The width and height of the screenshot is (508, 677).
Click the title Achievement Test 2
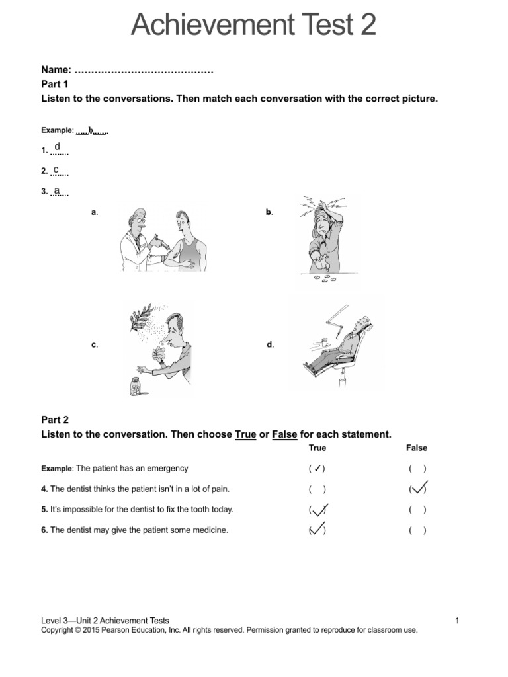[253, 25]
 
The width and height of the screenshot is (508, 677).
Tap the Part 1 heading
[55, 84]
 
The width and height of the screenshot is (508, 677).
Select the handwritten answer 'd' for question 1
[58, 146]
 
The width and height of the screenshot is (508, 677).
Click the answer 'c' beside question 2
[57, 170]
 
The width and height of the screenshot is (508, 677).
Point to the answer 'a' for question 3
[57, 190]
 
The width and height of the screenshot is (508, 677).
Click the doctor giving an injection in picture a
[139, 238]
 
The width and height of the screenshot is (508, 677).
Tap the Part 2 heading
[55, 420]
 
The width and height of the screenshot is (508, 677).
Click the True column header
[317, 448]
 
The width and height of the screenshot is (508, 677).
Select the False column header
[417, 448]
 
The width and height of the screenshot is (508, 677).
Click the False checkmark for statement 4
[418, 489]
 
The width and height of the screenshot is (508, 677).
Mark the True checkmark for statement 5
[318, 510]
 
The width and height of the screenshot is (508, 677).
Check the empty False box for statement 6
[417, 530]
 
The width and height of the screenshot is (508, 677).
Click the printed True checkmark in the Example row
[317, 469]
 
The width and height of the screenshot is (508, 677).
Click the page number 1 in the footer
[457, 621]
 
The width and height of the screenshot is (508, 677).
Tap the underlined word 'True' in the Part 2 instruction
[245, 434]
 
